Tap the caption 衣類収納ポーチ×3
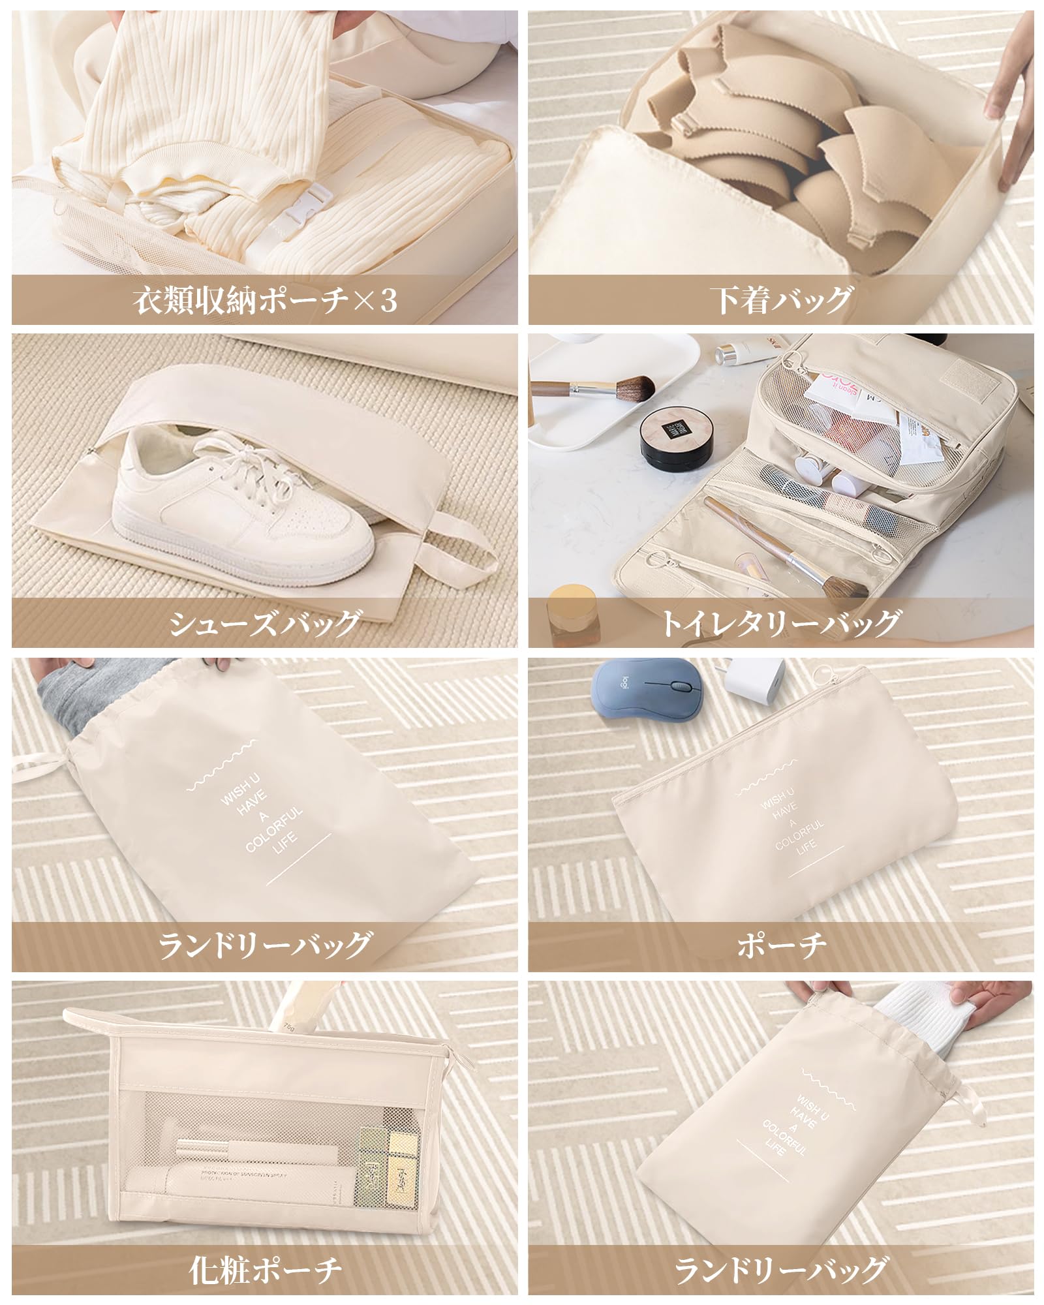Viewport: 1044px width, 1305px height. [264, 300]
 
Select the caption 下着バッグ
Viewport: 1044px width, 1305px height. [781, 300]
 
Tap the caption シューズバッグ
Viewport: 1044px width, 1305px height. [264, 623]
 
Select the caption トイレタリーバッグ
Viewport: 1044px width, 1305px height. [781, 623]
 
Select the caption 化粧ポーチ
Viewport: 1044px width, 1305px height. [264, 1269]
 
